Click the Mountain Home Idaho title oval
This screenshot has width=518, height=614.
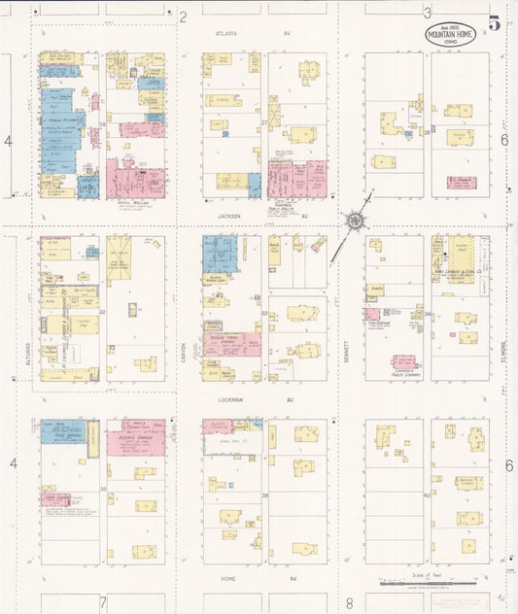point(450,33)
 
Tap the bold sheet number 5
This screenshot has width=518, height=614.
point(495,24)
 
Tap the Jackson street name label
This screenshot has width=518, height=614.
point(229,216)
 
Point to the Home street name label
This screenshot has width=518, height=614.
point(227,579)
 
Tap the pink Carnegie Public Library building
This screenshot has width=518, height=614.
point(404,362)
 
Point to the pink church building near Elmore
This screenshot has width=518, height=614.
point(465,182)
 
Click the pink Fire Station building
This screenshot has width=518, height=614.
point(372,314)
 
